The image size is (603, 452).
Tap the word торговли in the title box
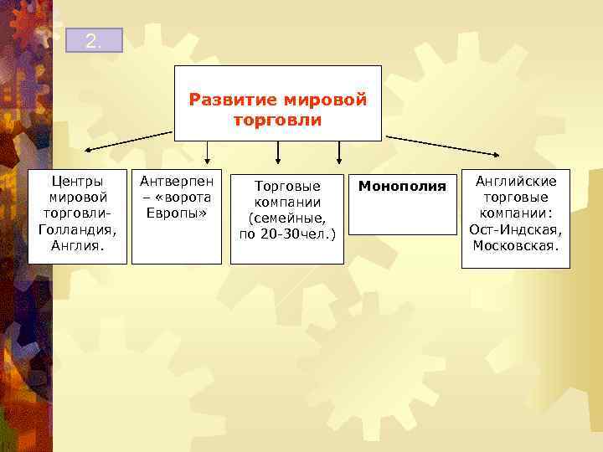pyautogui.click(x=278, y=121)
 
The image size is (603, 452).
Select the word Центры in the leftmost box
pyautogui.click(x=77, y=181)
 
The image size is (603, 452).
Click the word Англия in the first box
pyautogui.click(x=77, y=245)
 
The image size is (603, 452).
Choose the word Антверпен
pyautogui.click(x=176, y=181)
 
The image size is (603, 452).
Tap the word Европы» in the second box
pyautogui.click(x=176, y=213)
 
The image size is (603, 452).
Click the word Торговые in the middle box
pyautogui.click(x=287, y=186)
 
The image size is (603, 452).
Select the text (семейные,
pyautogui.click(x=287, y=218)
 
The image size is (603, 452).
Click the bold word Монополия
pyautogui.click(x=402, y=186)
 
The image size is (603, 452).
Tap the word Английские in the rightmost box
pyautogui.click(x=516, y=181)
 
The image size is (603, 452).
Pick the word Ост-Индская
pyautogui.click(x=516, y=229)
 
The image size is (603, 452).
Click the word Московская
pyautogui.click(x=516, y=245)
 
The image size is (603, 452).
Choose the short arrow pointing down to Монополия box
pyautogui.click(x=339, y=158)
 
